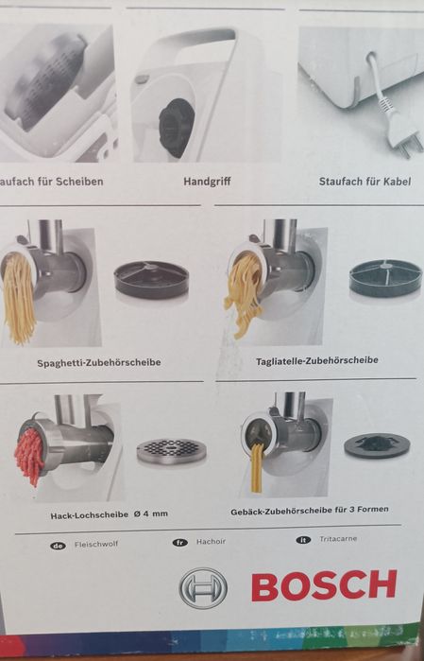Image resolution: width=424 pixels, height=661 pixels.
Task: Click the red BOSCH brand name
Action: coord(324,585)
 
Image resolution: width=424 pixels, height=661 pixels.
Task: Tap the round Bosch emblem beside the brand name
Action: coord(203,587)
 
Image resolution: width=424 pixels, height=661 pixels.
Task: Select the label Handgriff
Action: coord(207,180)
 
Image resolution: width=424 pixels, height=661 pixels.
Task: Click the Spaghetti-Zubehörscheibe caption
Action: coord(99,362)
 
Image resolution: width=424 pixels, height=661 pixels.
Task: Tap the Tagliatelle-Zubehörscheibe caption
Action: coord(316,360)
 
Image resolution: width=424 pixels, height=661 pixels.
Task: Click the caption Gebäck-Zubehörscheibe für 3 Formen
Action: coord(309,512)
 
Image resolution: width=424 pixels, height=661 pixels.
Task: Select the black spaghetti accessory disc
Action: coord(151,279)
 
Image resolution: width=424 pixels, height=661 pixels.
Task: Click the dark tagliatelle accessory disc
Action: coord(384,278)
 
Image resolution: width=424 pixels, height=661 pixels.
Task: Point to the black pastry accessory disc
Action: coord(377,446)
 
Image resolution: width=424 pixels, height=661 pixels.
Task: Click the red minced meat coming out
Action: coord(30,455)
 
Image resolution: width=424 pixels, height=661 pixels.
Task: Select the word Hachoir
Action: coord(210,542)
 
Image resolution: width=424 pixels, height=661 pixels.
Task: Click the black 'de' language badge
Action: coord(59,546)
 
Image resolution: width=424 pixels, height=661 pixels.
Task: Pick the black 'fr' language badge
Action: coord(180,543)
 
